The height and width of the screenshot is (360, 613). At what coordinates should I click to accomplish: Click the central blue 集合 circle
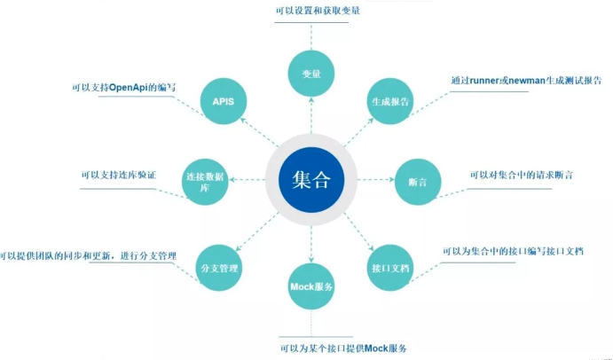(x=310, y=180)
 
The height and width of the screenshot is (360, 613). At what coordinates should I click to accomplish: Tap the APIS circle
(x=223, y=102)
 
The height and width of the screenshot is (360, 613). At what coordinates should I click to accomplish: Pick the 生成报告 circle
(x=390, y=102)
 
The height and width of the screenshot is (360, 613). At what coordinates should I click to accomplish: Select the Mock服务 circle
(x=311, y=287)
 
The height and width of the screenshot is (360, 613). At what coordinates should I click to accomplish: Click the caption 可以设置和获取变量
(x=310, y=11)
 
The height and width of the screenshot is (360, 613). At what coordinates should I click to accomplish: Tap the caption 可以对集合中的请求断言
(x=521, y=175)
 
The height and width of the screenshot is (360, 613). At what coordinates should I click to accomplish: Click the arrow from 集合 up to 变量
(x=310, y=115)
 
